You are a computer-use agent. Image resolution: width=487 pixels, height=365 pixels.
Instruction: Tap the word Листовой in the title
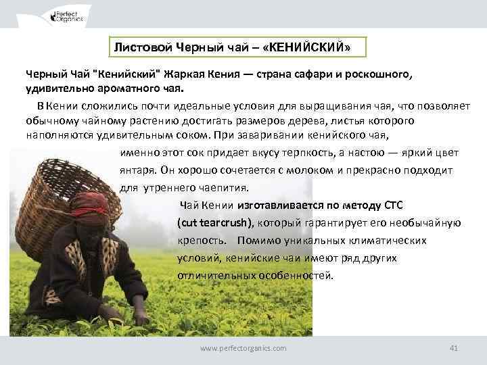(x=139, y=48)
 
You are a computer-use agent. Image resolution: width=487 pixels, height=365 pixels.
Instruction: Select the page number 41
(x=454, y=347)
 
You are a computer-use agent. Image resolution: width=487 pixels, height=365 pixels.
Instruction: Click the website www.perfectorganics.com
(x=243, y=347)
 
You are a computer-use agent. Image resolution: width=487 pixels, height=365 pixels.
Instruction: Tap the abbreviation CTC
(x=393, y=205)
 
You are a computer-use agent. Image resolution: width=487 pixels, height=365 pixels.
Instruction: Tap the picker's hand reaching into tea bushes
(x=141, y=316)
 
